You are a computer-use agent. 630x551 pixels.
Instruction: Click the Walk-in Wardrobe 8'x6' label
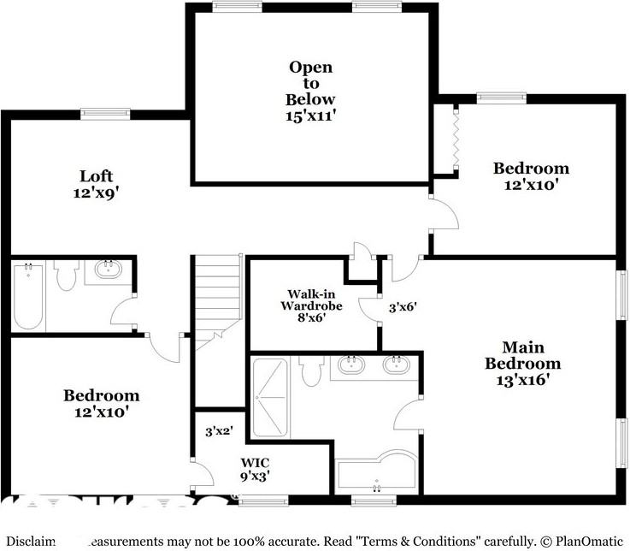pyautogui.click(x=314, y=305)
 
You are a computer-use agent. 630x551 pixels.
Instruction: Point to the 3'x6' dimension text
pyautogui.click(x=403, y=305)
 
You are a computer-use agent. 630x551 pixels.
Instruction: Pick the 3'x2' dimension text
pyautogui.click(x=220, y=432)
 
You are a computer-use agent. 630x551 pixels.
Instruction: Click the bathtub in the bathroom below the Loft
pyautogui.click(x=28, y=295)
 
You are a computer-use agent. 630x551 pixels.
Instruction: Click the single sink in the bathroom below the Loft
pyautogui.click(x=109, y=271)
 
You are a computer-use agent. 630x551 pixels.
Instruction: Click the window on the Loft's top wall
pyautogui.click(x=105, y=113)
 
